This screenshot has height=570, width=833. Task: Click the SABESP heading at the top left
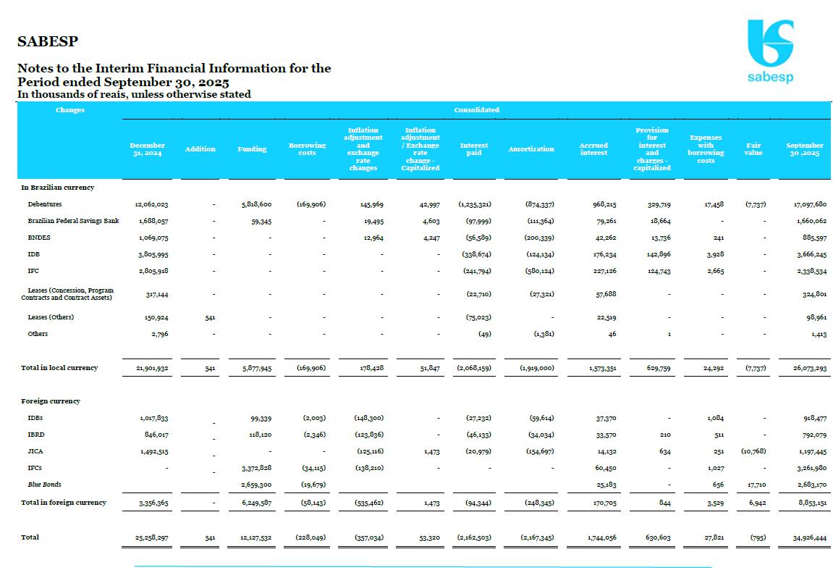click(x=48, y=41)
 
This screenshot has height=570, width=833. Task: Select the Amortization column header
click(x=531, y=149)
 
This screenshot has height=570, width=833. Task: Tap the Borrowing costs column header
click(x=307, y=149)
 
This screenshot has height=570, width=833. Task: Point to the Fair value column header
click(x=753, y=149)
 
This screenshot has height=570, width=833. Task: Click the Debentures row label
click(x=45, y=204)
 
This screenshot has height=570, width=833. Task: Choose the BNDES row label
click(x=39, y=238)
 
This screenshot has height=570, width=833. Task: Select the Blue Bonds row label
click(x=44, y=484)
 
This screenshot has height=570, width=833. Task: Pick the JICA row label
click(x=35, y=450)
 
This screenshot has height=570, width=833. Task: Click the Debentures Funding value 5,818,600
click(x=256, y=205)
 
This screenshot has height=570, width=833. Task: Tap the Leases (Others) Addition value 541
click(x=210, y=317)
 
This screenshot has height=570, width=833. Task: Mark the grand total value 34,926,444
click(x=805, y=538)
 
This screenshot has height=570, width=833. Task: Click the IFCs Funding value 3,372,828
click(x=256, y=468)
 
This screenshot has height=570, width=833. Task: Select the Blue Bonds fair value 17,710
click(x=753, y=485)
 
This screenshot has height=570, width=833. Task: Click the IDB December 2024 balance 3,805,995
click(x=151, y=254)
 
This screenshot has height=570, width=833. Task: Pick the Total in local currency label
click(x=59, y=368)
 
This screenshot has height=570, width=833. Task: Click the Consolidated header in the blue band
click(x=476, y=110)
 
